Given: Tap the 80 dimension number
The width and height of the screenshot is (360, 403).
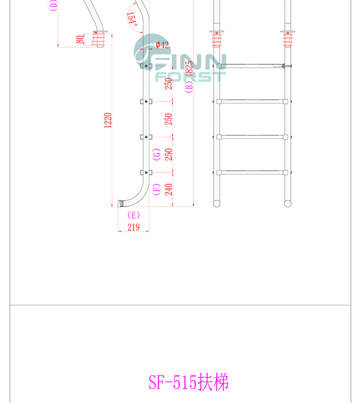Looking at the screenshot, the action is coord(80,40).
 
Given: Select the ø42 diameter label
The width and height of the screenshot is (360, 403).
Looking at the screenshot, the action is coord(162,45).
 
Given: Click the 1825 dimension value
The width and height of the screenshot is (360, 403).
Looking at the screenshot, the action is coord(189,66).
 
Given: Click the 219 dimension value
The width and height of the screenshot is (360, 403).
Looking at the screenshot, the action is coord(133,227).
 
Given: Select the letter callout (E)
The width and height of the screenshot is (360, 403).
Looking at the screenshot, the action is coord(134,215).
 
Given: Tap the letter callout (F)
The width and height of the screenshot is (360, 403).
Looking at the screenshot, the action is coord(157,188).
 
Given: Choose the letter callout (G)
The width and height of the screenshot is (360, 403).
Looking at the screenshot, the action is coord(157,154).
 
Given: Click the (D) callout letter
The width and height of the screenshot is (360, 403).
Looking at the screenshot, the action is coord(53,5).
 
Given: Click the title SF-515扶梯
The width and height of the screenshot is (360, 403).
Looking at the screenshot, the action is coord(189,382).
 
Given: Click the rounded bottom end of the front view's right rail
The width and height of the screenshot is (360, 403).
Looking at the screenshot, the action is coord(288,203).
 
